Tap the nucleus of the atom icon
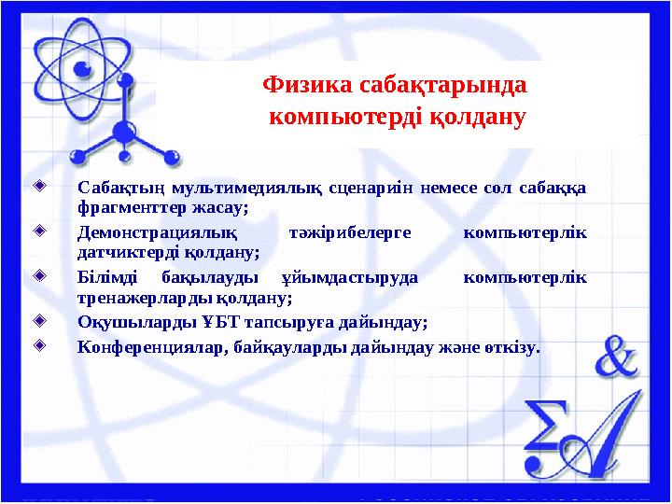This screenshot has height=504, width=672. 82,70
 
